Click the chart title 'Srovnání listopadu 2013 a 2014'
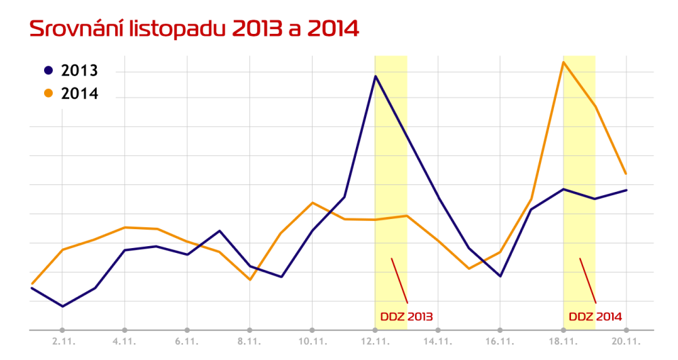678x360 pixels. point(194,29)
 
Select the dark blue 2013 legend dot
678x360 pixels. point(48,71)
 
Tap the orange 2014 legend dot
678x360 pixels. point(48,94)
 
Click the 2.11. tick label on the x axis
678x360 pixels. point(62,342)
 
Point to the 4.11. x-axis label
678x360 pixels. point(125,342)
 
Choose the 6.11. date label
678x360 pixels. point(187,342)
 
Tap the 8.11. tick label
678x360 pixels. point(250,342)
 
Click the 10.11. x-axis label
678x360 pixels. point(312,342)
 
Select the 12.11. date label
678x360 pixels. point(375,342)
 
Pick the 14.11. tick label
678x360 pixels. point(438,342)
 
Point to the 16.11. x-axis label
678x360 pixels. point(500,342)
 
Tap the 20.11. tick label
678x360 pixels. point(625,342)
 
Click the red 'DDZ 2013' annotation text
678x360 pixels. point(406,316)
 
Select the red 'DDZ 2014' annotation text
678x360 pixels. point(595,316)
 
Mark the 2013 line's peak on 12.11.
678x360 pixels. point(376,76)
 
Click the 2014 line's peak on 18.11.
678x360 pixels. point(563,62)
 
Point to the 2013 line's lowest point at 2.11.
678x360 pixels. point(62,306)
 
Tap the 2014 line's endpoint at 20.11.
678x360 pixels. point(626,174)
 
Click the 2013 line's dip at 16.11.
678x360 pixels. point(500,276)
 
